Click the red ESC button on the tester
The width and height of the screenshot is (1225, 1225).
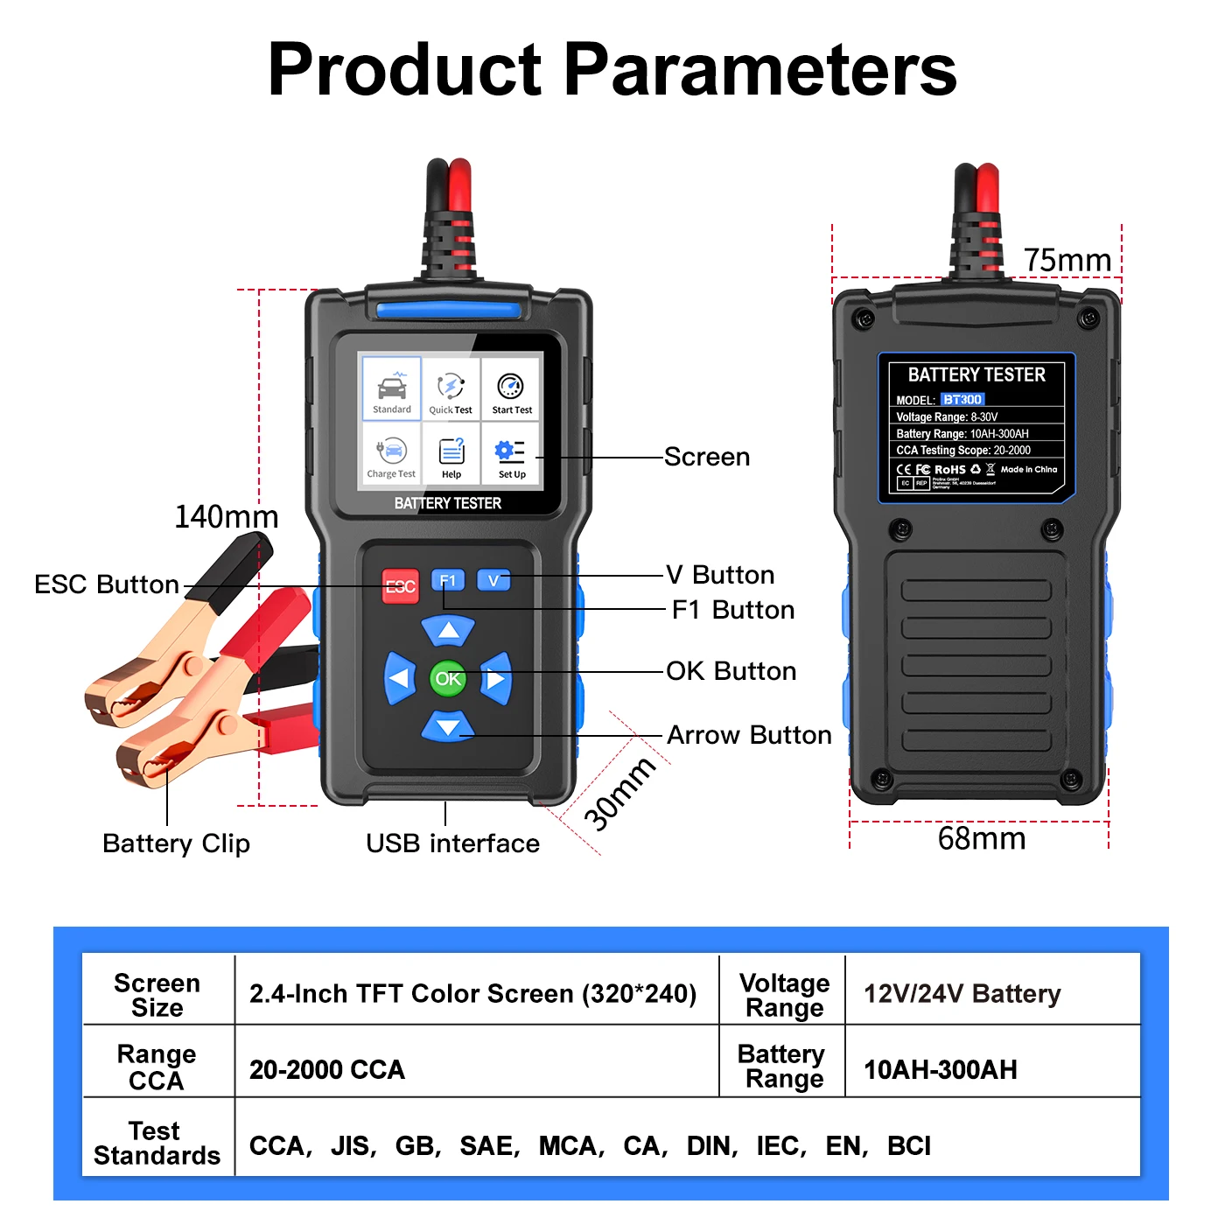[x=401, y=585]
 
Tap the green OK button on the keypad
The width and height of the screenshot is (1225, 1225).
[x=448, y=678]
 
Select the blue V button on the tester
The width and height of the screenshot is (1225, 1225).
[x=493, y=579]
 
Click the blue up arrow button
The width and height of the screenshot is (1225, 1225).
[x=448, y=630]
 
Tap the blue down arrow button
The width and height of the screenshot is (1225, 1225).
[x=448, y=726]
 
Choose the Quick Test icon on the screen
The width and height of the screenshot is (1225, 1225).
[x=451, y=390]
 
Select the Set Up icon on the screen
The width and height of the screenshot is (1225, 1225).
[x=511, y=456]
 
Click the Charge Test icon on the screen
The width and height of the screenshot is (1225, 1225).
[x=391, y=456]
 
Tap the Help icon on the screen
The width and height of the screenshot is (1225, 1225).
[x=451, y=456]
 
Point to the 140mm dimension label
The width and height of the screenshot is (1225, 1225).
[x=226, y=517]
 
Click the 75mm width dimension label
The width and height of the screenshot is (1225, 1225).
[x=1067, y=260]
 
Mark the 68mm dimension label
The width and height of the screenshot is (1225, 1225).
[x=981, y=838]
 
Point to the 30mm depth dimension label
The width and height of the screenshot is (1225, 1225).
[x=619, y=794]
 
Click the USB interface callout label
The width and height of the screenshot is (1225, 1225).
[x=452, y=843]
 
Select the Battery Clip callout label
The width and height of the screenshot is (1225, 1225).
[x=176, y=843]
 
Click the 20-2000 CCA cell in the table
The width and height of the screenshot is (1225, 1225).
[x=327, y=1069]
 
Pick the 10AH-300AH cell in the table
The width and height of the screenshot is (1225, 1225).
[x=940, y=1069]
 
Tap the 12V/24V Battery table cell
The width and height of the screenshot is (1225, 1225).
[x=962, y=994]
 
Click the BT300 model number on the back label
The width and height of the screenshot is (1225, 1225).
[x=962, y=400]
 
